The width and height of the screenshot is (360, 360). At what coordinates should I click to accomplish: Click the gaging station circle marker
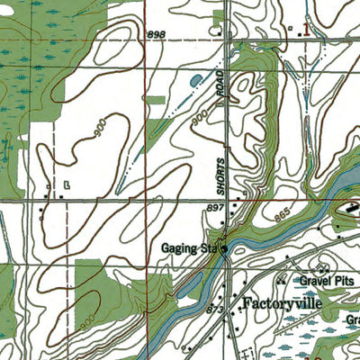pyautogui.click(x=225, y=249)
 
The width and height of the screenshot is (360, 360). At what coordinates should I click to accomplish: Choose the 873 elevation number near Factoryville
pyautogui.click(x=214, y=310)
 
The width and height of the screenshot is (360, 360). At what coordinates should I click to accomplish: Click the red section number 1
pyautogui.click(x=306, y=29)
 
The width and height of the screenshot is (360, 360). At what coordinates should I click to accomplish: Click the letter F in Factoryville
pyautogui.click(x=245, y=302)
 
